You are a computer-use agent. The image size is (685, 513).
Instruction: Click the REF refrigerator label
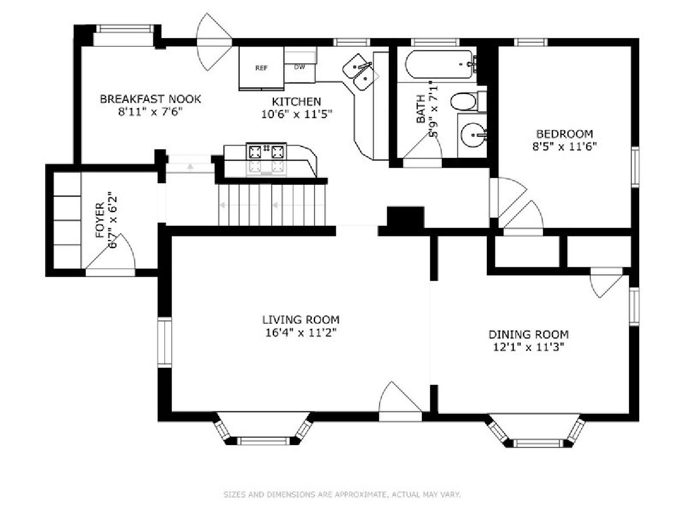coord(261,68)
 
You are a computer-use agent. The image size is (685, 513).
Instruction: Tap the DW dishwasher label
coord(300,67)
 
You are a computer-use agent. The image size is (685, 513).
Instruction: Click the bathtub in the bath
coord(440,64)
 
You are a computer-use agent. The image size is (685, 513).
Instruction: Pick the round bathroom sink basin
coord(473,135)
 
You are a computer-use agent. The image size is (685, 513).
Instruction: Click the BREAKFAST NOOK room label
coord(150,99)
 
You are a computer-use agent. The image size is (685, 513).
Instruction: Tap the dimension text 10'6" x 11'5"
coord(296,115)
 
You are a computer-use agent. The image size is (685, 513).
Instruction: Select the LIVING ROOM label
coord(300,320)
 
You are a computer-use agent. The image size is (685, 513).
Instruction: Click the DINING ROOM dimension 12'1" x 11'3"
coord(529,347)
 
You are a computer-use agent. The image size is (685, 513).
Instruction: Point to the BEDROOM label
coord(564,134)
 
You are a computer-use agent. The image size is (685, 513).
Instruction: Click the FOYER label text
coord(100,220)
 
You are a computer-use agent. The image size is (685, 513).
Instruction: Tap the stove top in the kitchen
coord(266,152)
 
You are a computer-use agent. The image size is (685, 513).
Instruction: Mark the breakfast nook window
coord(125,28)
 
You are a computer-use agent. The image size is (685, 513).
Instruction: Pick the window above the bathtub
coord(435,42)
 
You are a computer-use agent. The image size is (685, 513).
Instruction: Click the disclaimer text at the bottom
coord(342,494)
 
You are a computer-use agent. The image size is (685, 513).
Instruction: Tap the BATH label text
coord(421,109)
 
